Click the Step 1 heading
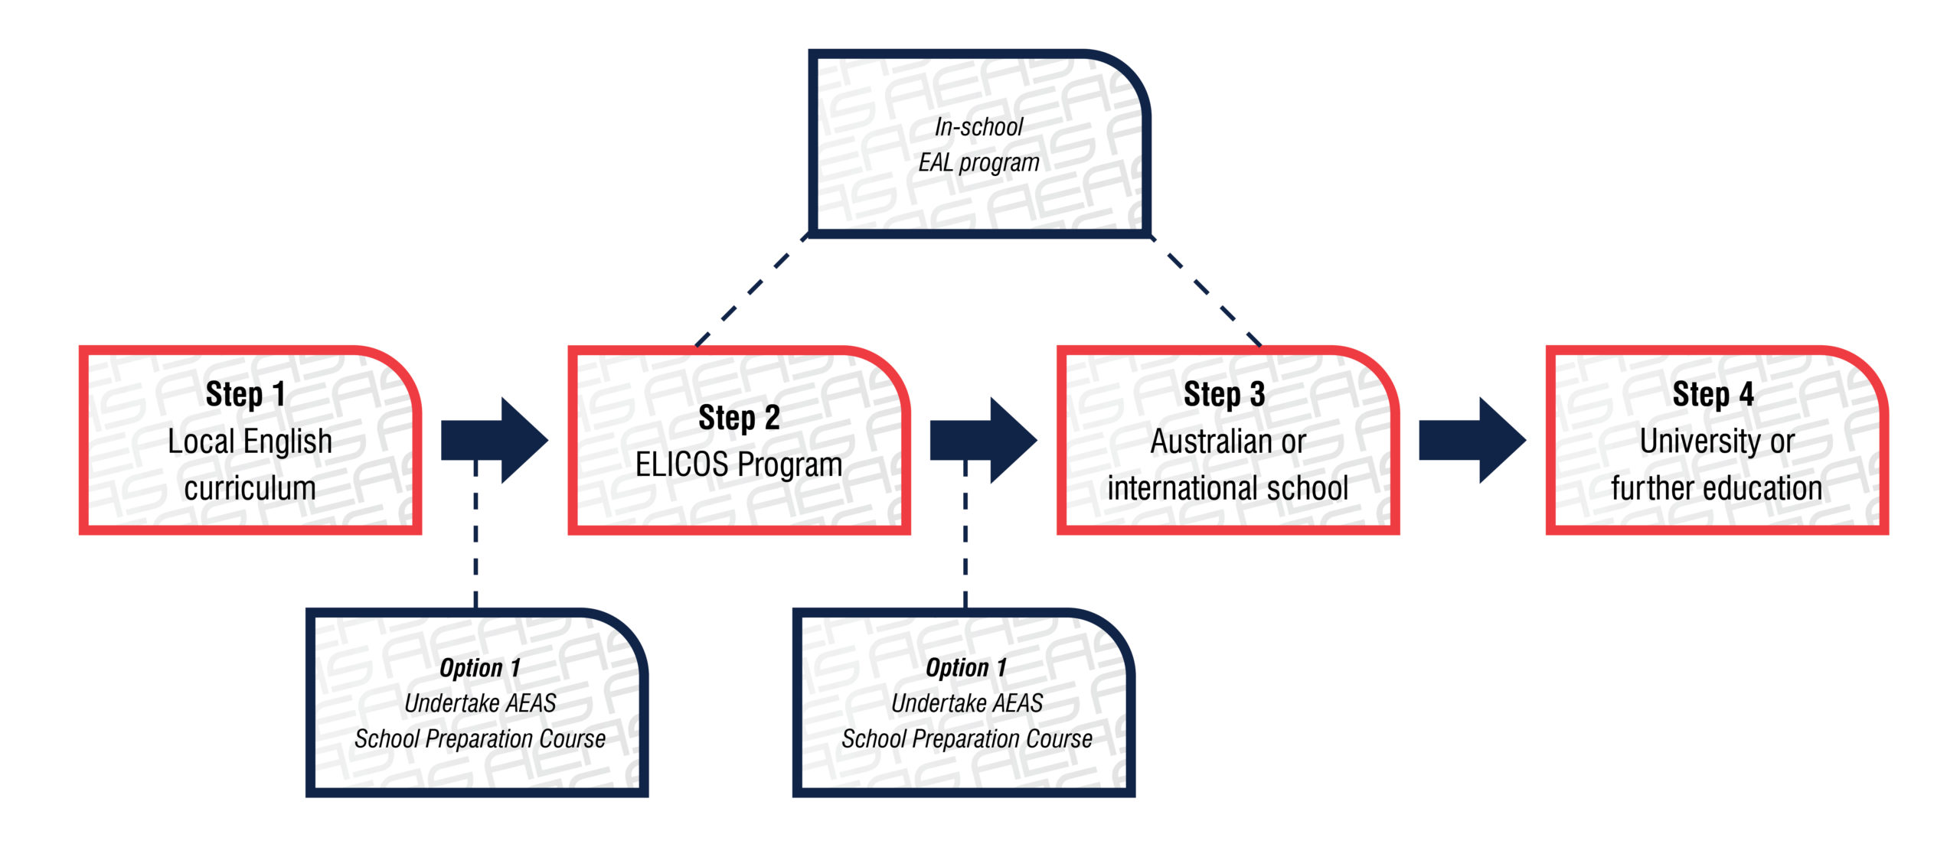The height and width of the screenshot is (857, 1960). (245, 395)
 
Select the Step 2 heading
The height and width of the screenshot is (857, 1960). (739, 419)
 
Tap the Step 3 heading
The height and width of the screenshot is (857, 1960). (1224, 395)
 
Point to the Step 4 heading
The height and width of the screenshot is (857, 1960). (1713, 395)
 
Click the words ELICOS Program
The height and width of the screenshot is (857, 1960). (739, 464)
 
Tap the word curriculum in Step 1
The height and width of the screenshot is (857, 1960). (250, 488)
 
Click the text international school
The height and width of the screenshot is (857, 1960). (1227, 488)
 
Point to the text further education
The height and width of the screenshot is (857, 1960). (1716, 488)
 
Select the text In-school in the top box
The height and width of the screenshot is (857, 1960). (978, 127)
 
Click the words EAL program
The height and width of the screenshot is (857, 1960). (978, 163)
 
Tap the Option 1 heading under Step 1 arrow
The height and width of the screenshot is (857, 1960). (480, 668)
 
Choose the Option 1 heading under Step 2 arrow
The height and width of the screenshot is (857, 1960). (966, 668)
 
